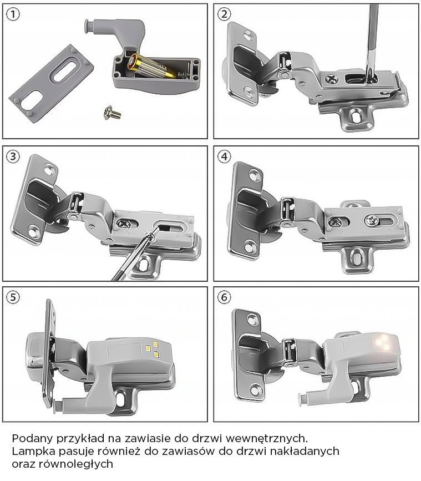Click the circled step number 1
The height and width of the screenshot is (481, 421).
13,14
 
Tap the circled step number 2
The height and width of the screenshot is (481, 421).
224,14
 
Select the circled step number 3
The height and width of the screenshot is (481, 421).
13,156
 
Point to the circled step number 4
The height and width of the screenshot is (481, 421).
224,156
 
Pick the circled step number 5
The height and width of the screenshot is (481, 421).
13,297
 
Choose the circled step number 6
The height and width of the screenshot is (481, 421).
224,297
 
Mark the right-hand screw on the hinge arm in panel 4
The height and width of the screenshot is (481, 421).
372,220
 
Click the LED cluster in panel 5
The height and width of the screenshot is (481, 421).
153,349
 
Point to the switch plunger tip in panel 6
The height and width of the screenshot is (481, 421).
301,399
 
